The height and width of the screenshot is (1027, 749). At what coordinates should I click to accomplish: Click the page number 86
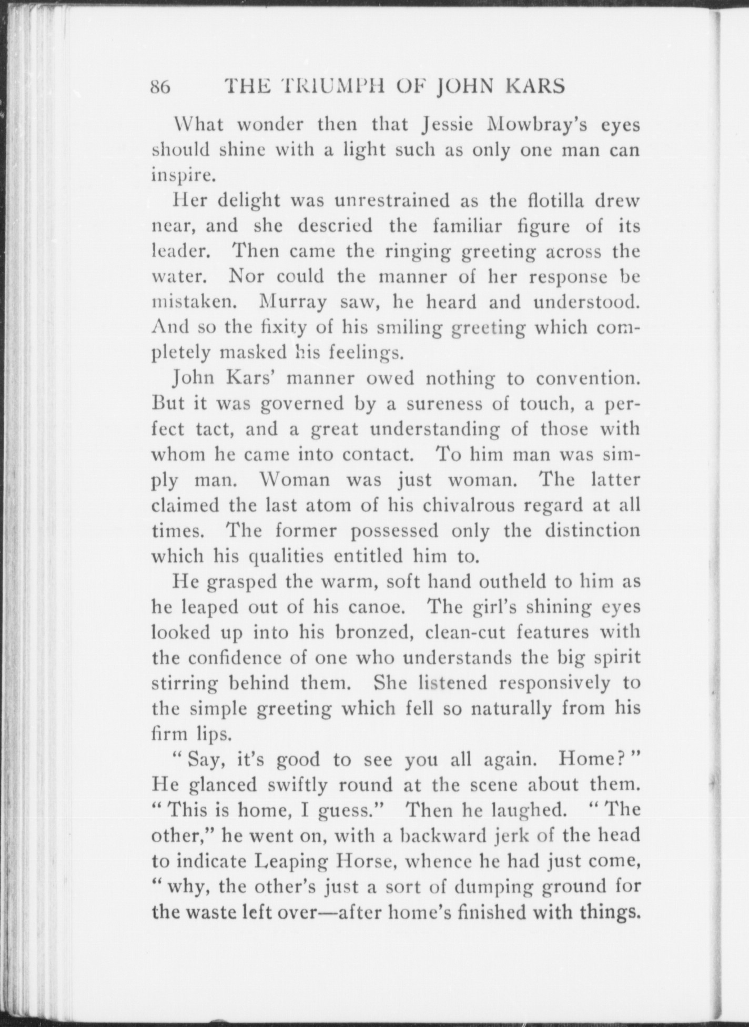tap(159, 86)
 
